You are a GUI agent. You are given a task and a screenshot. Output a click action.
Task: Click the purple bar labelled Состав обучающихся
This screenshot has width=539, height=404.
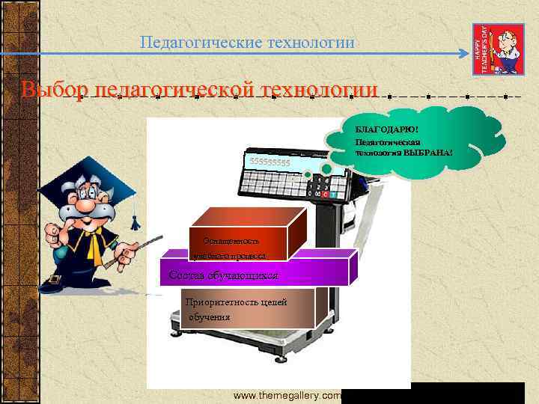click(255, 274)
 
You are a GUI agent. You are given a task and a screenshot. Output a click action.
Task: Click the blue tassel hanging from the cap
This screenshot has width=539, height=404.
click(135, 221)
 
